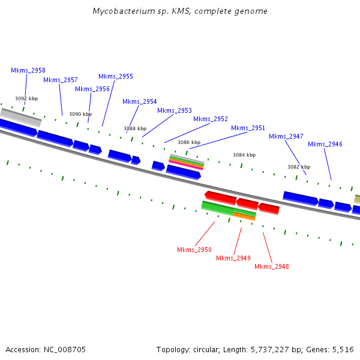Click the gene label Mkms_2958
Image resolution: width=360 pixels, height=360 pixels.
(x=28, y=70)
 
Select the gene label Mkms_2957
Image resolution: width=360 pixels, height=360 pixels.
(x=61, y=80)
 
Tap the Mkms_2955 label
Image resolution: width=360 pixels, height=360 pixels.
(x=116, y=76)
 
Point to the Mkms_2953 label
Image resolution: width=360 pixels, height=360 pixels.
(x=175, y=110)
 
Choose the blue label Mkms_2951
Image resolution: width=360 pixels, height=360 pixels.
(x=248, y=128)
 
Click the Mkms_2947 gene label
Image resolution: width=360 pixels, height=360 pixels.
(x=286, y=136)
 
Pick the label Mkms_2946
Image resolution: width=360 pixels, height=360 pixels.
(x=325, y=144)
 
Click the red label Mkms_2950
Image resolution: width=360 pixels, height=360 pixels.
(x=194, y=250)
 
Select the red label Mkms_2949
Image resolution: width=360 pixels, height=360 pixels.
(x=233, y=258)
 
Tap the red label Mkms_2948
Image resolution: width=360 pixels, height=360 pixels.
(x=272, y=266)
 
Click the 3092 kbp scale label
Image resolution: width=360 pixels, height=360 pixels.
(x=26, y=98)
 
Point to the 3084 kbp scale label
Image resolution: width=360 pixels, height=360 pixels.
(x=244, y=155)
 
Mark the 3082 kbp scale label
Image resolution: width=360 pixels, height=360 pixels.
(x=298, y=167)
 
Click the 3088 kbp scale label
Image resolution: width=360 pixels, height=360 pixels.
(x=135, y=128)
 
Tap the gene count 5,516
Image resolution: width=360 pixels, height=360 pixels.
(x=343, y=349)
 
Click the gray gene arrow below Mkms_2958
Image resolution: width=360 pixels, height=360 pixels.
(x=21, y=116)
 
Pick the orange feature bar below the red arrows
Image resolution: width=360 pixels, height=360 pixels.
(x=244, y=216)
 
